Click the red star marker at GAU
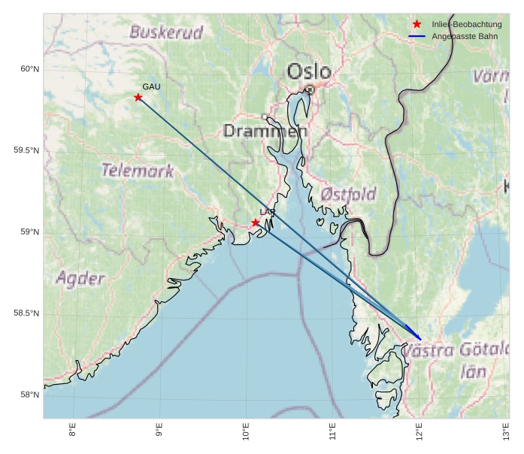coord(138,98)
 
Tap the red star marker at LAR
coord(256,222)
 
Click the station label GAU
coord(151,87)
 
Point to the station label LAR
coord(268,213)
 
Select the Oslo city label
coord(309,71)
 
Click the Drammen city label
coord(265,132)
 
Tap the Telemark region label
coord(138,171)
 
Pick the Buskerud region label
coord(166,32)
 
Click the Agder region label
coord(80,279)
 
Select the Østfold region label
coord(348,195)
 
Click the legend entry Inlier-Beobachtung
coord(466,25)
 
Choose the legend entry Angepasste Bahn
coord(464,36)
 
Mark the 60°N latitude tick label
coord(29,69)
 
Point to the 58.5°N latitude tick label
coord(26,313)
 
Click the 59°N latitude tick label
coord(29,232)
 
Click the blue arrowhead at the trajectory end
coord(417,335)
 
